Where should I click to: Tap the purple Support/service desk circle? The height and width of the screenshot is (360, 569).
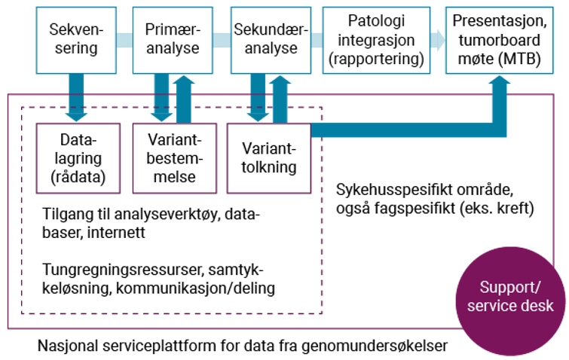(x=510, y=297)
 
